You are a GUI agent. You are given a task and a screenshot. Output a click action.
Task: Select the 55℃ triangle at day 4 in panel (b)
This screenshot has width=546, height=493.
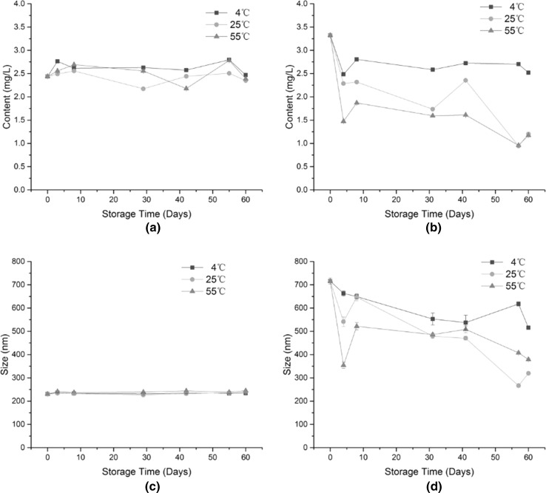[343, 121]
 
